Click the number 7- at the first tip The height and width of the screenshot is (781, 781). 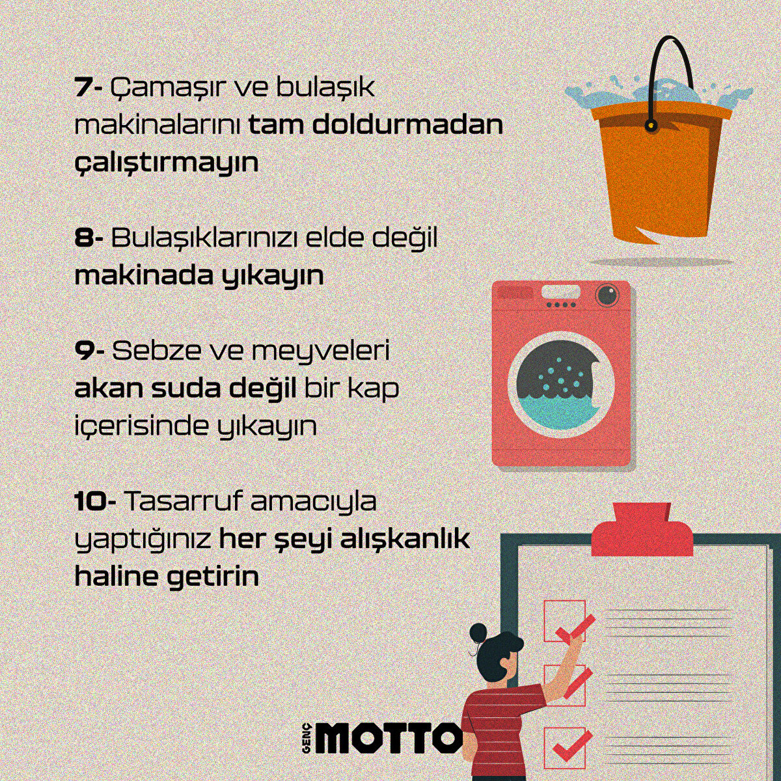[x=89, y=87]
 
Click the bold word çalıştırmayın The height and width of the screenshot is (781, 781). [x=167, y=163]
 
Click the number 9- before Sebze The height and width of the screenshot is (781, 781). [x=89, y=351]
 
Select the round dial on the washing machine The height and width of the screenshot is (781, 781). [x=607, y=295]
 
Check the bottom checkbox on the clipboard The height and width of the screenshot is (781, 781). [x=564, y=747]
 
